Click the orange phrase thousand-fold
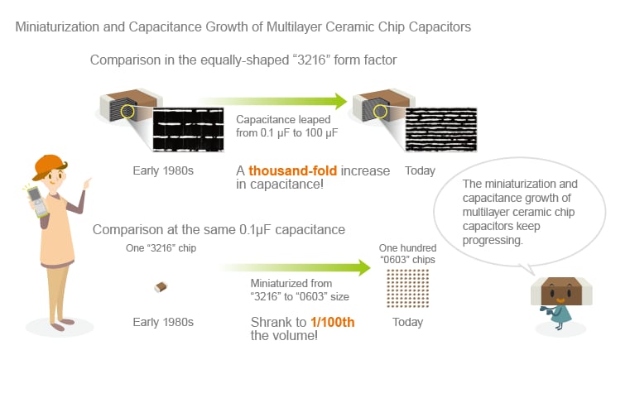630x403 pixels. tap(292, 170)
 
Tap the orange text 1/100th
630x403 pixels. tap(333, 322)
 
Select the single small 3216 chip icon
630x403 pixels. tap(161, 287)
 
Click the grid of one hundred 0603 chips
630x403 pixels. tap(408, 289)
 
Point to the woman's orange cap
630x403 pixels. tap(48, 166)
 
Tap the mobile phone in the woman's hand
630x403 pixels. tap(37, 201)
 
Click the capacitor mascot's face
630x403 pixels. tap(561, 291)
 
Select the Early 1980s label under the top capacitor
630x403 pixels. tap(163, 170)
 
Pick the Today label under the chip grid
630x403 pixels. tap(408, 322)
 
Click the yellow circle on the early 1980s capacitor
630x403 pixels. tap(127, 111)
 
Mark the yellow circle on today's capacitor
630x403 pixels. tap(380, 111)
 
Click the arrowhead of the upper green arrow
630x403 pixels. tap(341, 101)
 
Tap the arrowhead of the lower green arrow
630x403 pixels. tap(364, 267)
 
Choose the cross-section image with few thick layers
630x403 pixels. tap(189, 129)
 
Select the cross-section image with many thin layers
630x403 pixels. tap(441, 129)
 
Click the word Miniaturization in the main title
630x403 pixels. tap(57, 27)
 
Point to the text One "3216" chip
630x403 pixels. tap(161, 248)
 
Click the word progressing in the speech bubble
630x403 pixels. tap(493, 240)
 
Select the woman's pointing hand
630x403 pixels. tap(87, 183)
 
